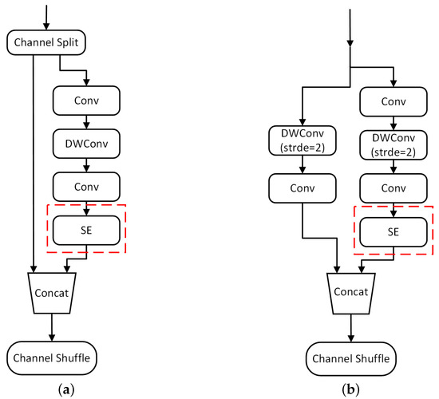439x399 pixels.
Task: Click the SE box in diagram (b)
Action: [393, 231]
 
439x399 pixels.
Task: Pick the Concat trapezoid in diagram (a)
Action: [52, 292]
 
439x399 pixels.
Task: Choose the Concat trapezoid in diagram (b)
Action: [352, 292]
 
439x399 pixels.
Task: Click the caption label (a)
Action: [52, 389]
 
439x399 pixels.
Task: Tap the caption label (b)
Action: [352, 389]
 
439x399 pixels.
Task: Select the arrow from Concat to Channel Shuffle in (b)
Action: [352, 326]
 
